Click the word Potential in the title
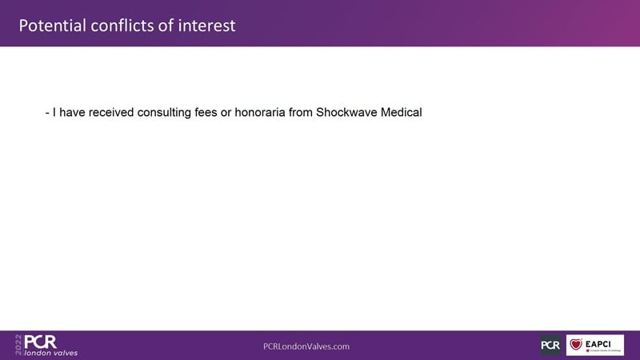pyautogui.click(x=52, y=26)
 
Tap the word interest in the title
pyautogui.click(x=206, y=26)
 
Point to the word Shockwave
pyautogui.click(x=346, y=112)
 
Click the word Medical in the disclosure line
pyautogui.click(x=402, y=112)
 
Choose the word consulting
pyautogui.click(x=164, y=113)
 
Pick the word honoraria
pyautogui.click(x=260, y=112)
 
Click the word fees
pyautogui.click(x=206, y=112)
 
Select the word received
pyautogui.click(x=111, y=112)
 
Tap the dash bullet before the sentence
pyautogui.click(x=47, y=113)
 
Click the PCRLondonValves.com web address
pyautogui.click(x=306, y=346)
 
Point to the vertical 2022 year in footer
pyautogui.click(x=18, y=345)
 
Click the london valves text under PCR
pyautogui.click(x=51, y=353)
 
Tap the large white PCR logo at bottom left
pyautogui.click(x=41, y=342)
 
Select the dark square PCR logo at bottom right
pyautogui.click(x=550, y=346)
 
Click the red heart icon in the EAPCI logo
pyautogui.click(x=576, y=344)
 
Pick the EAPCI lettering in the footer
pyautogui.click(x=598, y=344)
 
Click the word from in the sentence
pyautogui.click(x=301, y=112)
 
